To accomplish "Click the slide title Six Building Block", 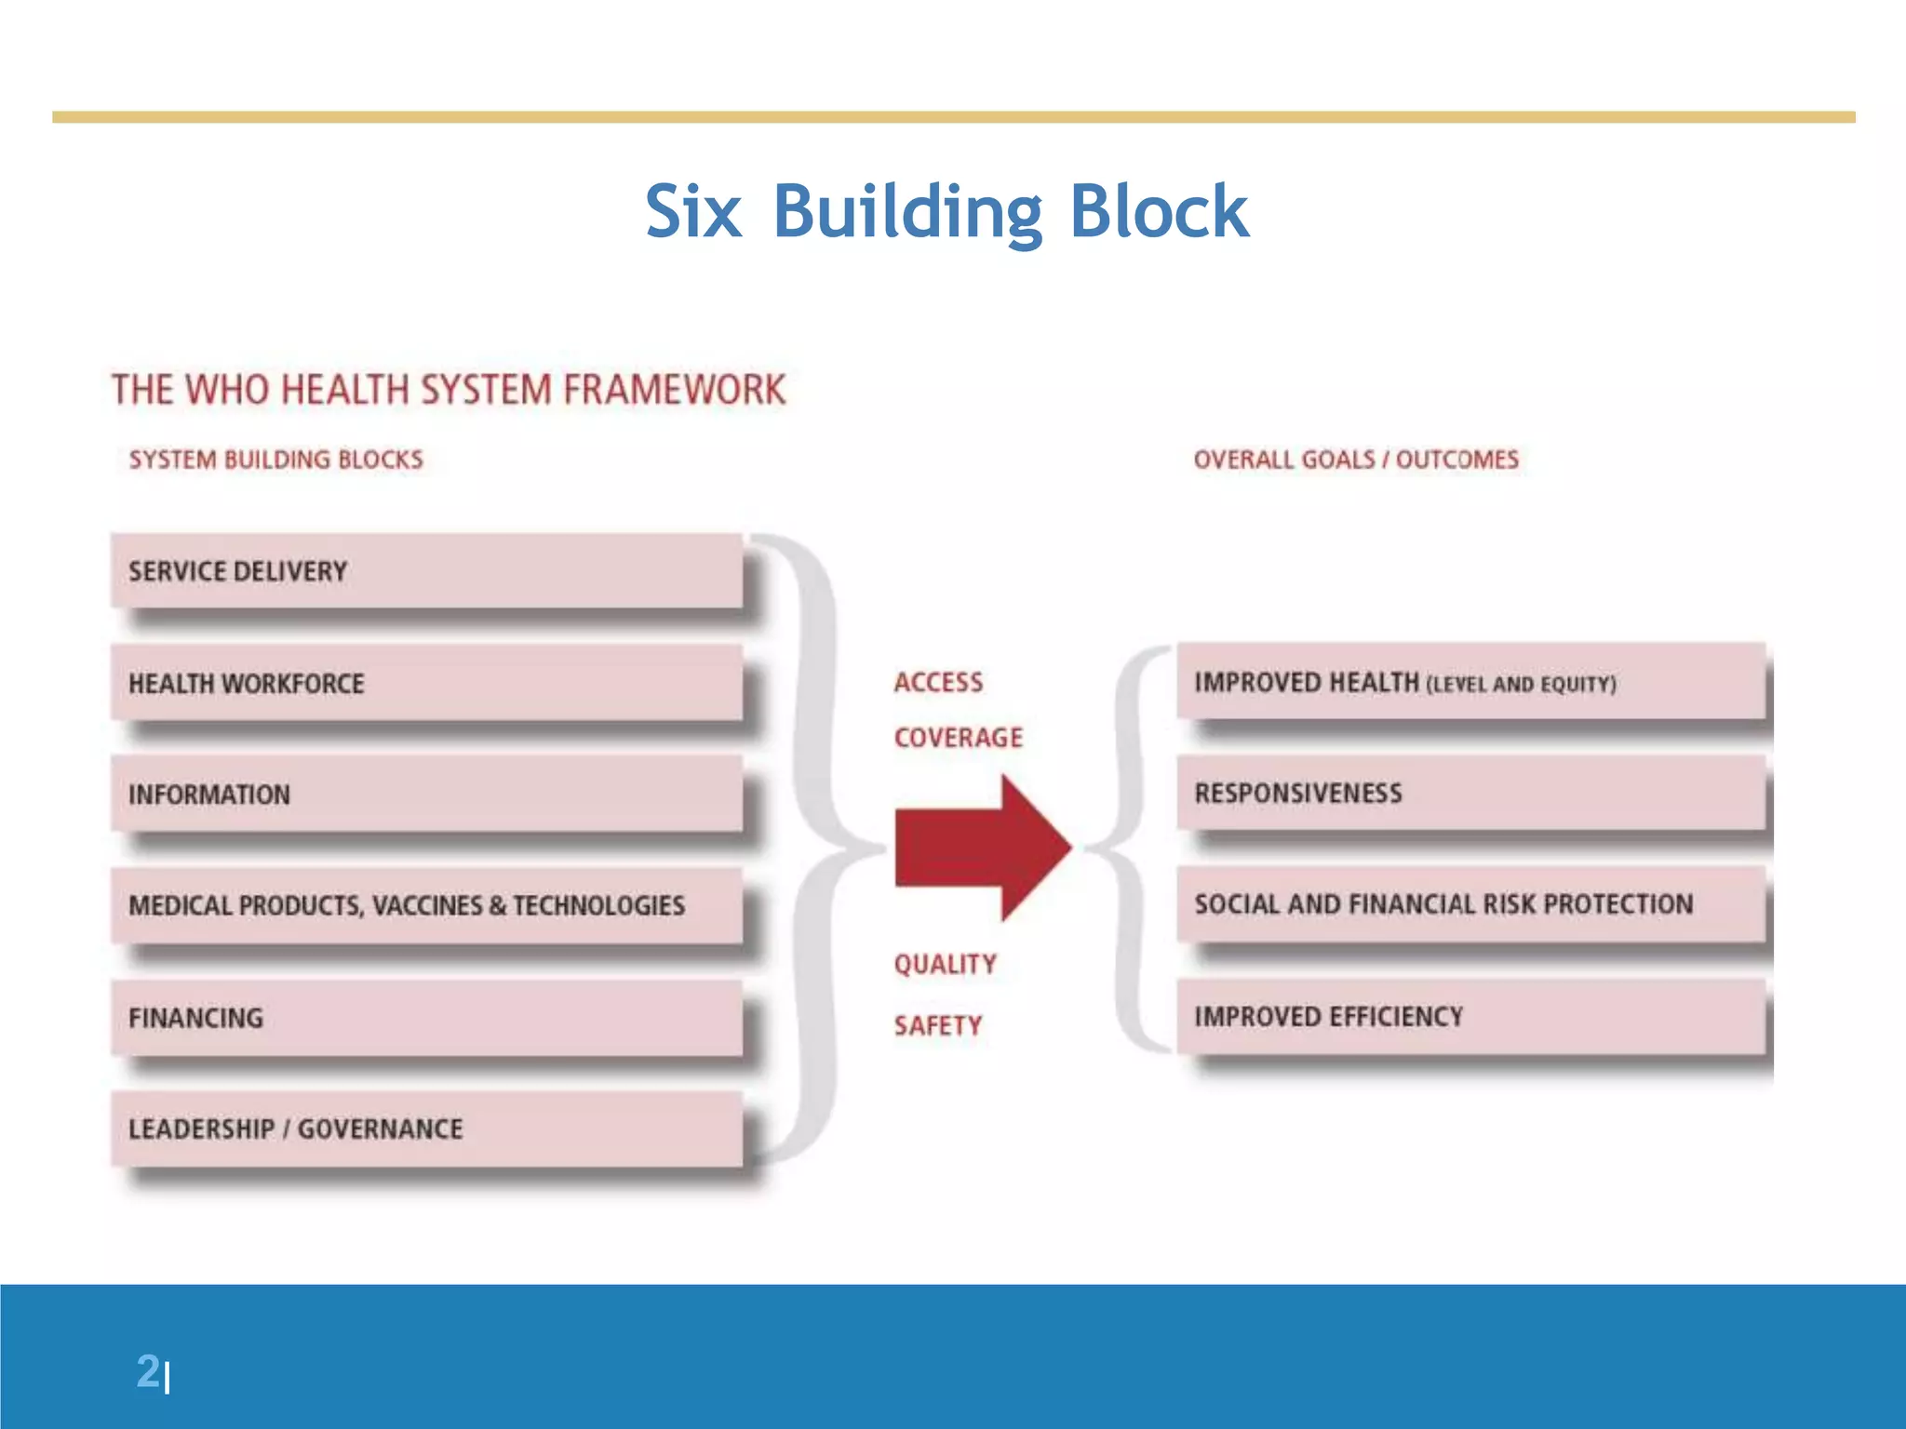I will point(946,212).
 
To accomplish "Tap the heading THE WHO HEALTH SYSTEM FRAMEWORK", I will point(449,390).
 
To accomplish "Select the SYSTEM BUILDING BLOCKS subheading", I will point(275,460).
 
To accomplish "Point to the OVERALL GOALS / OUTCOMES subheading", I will point(1355,460).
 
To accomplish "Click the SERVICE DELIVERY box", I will point(426,570).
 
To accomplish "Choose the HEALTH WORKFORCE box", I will point(426,683).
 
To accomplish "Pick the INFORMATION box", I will point(426,794).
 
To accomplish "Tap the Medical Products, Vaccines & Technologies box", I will point(426,905).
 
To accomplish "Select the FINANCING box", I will point(426,1017).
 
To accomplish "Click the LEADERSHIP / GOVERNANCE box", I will point(426,1129).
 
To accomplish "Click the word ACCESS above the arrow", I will point(938,683).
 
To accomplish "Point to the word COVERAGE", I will point(958,738).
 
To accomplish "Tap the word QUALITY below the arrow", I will point(945,965).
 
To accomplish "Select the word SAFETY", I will point(937,1025).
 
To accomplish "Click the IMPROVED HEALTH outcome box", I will point(1470,682).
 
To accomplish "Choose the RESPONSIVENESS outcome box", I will point(1470,793).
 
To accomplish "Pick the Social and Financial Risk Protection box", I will point(1470,903).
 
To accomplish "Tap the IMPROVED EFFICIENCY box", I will point(1470,1016).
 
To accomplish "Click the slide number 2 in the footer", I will point(148,1371).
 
